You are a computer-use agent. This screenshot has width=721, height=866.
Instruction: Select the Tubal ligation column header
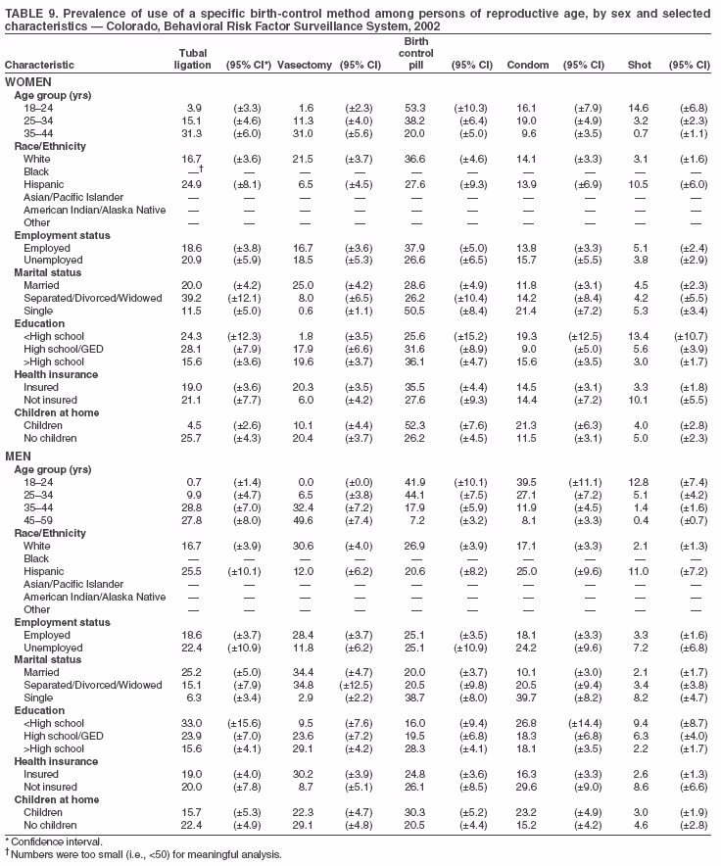click(192, 59)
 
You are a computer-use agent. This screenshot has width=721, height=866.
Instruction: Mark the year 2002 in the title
click(424, 26)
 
